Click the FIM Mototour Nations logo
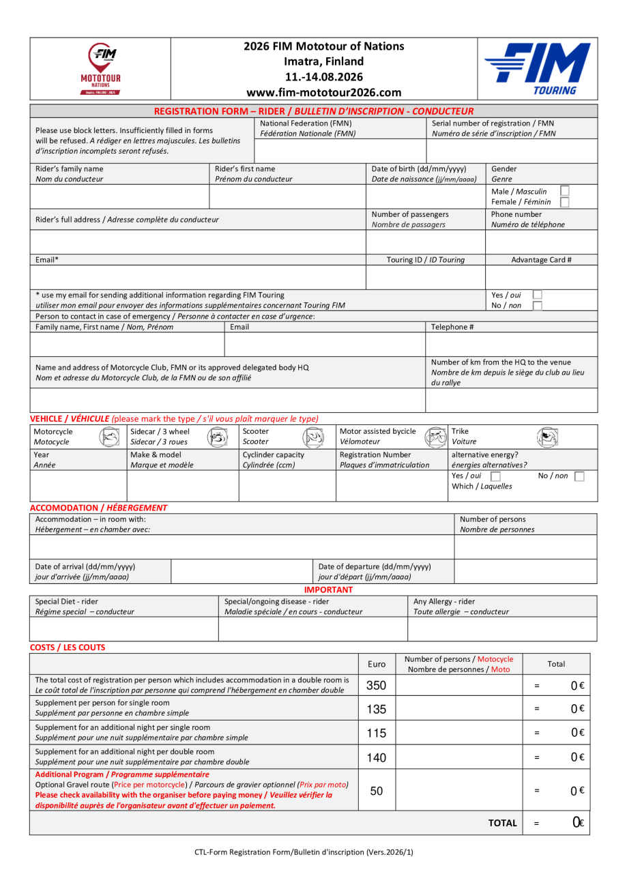click(x=100, y=68)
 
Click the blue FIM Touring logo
click(x=537, y=69)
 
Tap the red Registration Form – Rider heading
click(x=313, y=111)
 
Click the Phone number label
click(x=516, y=214)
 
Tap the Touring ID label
click(x=425, y=260)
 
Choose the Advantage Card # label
click(x=541, y=260)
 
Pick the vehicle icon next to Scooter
click(x=312, y=437)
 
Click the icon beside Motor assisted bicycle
click(x=435, y=437)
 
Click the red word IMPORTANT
click(x=328, y=590)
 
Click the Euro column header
click(x=377, y=665)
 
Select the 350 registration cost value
click(x=377, y=686)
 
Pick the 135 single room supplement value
click(x=377, y=710)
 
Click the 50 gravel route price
click(x=377, y=791)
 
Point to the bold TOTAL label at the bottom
click(x=503, y=824)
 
